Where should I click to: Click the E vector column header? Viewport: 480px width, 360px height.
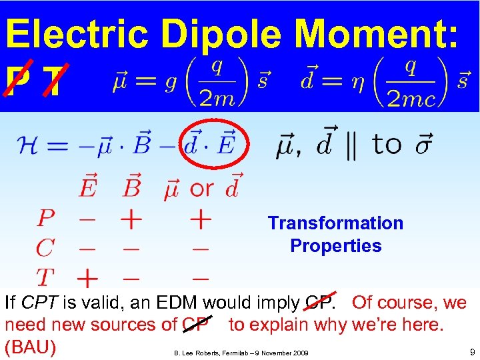click(x=87, y=187)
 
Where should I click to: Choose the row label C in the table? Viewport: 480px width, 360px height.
click(x=45, y=248)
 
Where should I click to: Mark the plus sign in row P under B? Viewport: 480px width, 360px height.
click(x=131, y=219)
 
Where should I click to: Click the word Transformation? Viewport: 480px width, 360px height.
click(x=335, y=223)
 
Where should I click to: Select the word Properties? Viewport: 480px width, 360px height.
click(x=335, y=246)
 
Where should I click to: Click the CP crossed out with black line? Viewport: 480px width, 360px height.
click(x=196, y=325)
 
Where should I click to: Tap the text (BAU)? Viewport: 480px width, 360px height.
click(x=30, y=347)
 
